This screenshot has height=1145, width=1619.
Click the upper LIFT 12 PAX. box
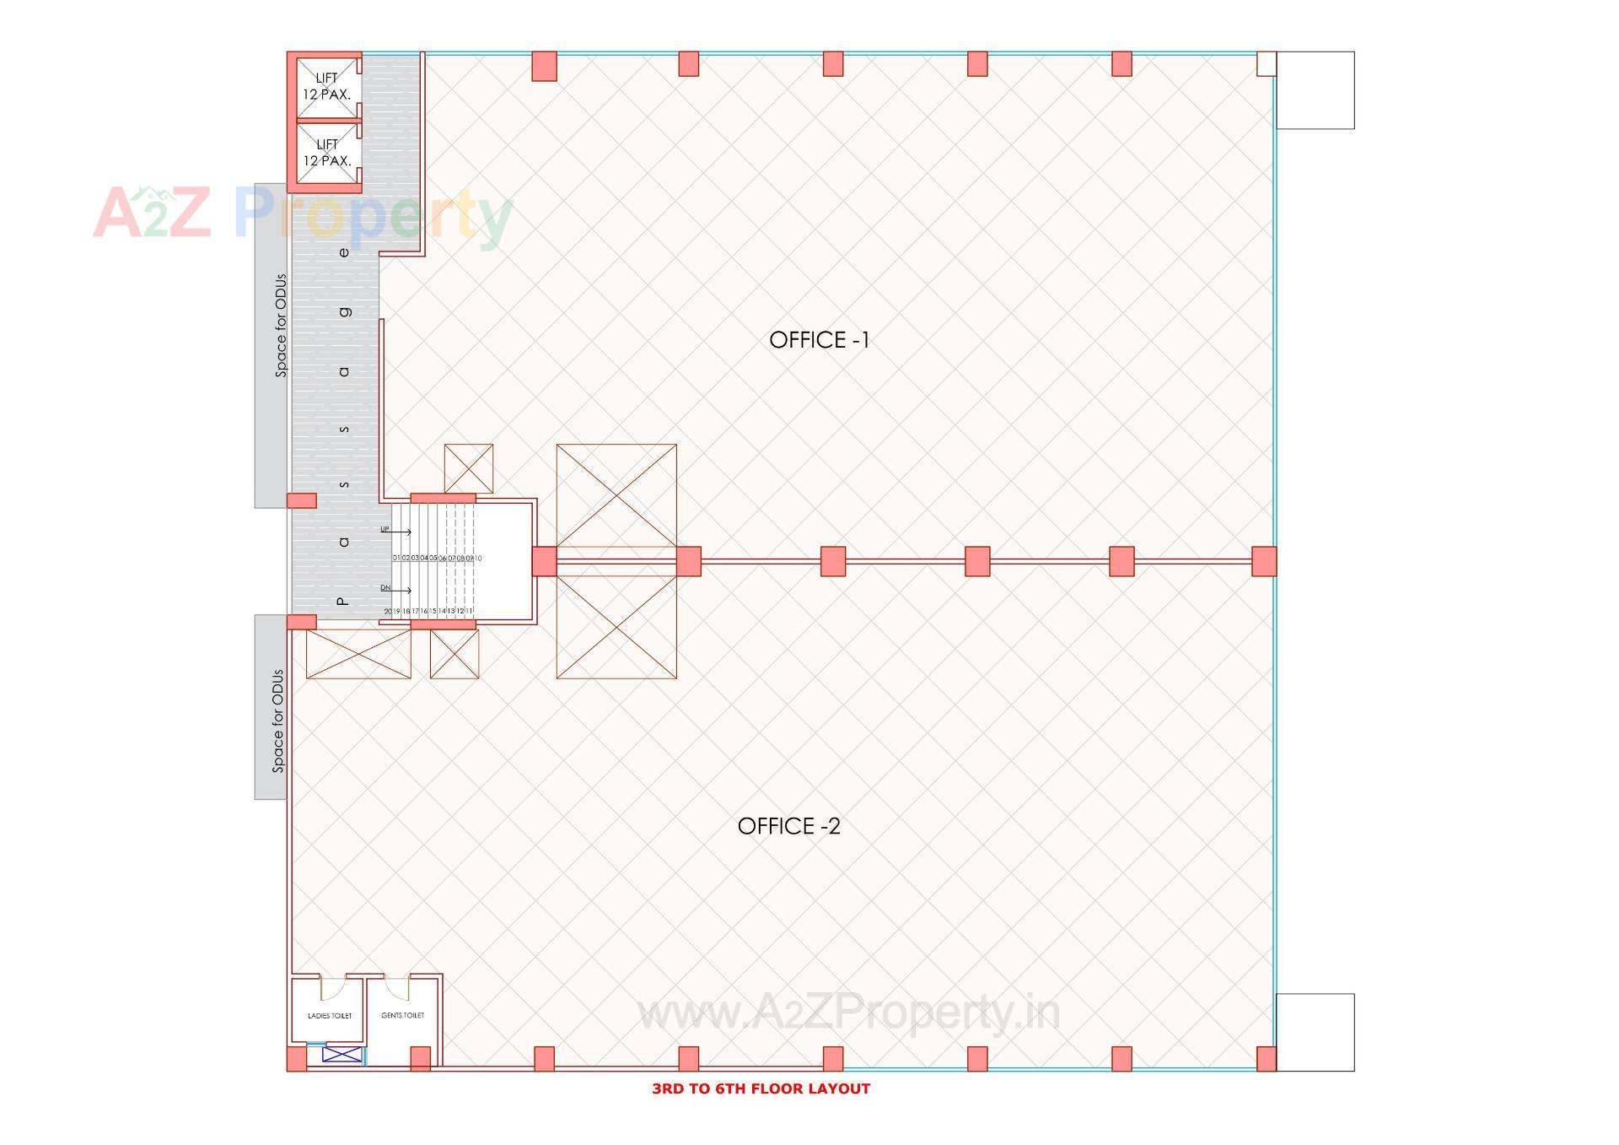click(327, 87)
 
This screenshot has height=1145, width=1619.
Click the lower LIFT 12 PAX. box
click(327, 153)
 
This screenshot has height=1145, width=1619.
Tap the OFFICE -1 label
click(819, 340)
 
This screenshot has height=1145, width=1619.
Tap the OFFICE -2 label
click(788, 826)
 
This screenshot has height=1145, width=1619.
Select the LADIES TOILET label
click(330, 1016)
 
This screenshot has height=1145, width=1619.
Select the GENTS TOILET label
click(403, 1015)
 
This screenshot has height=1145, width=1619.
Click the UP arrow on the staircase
click(395, 531)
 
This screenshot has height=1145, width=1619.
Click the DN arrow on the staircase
click(395, 589)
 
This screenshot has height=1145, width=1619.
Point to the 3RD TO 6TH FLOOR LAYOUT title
click(761, 1088)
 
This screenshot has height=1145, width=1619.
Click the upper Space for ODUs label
click(281, 326)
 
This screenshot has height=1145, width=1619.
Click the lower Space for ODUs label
click(277, 721)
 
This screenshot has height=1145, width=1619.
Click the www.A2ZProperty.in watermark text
click(847, 1013)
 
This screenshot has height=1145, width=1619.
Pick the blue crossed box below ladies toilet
click(342, 1054)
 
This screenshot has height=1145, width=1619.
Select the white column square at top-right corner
click(1266, 64)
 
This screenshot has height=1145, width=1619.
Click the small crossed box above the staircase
click(468, 468)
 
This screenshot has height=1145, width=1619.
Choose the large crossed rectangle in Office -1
click(616, 496)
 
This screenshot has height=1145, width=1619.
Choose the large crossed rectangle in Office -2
click(616, 627)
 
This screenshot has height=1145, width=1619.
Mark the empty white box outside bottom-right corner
click(1315, 1032)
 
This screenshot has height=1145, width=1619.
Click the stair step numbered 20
click(388, 611)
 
